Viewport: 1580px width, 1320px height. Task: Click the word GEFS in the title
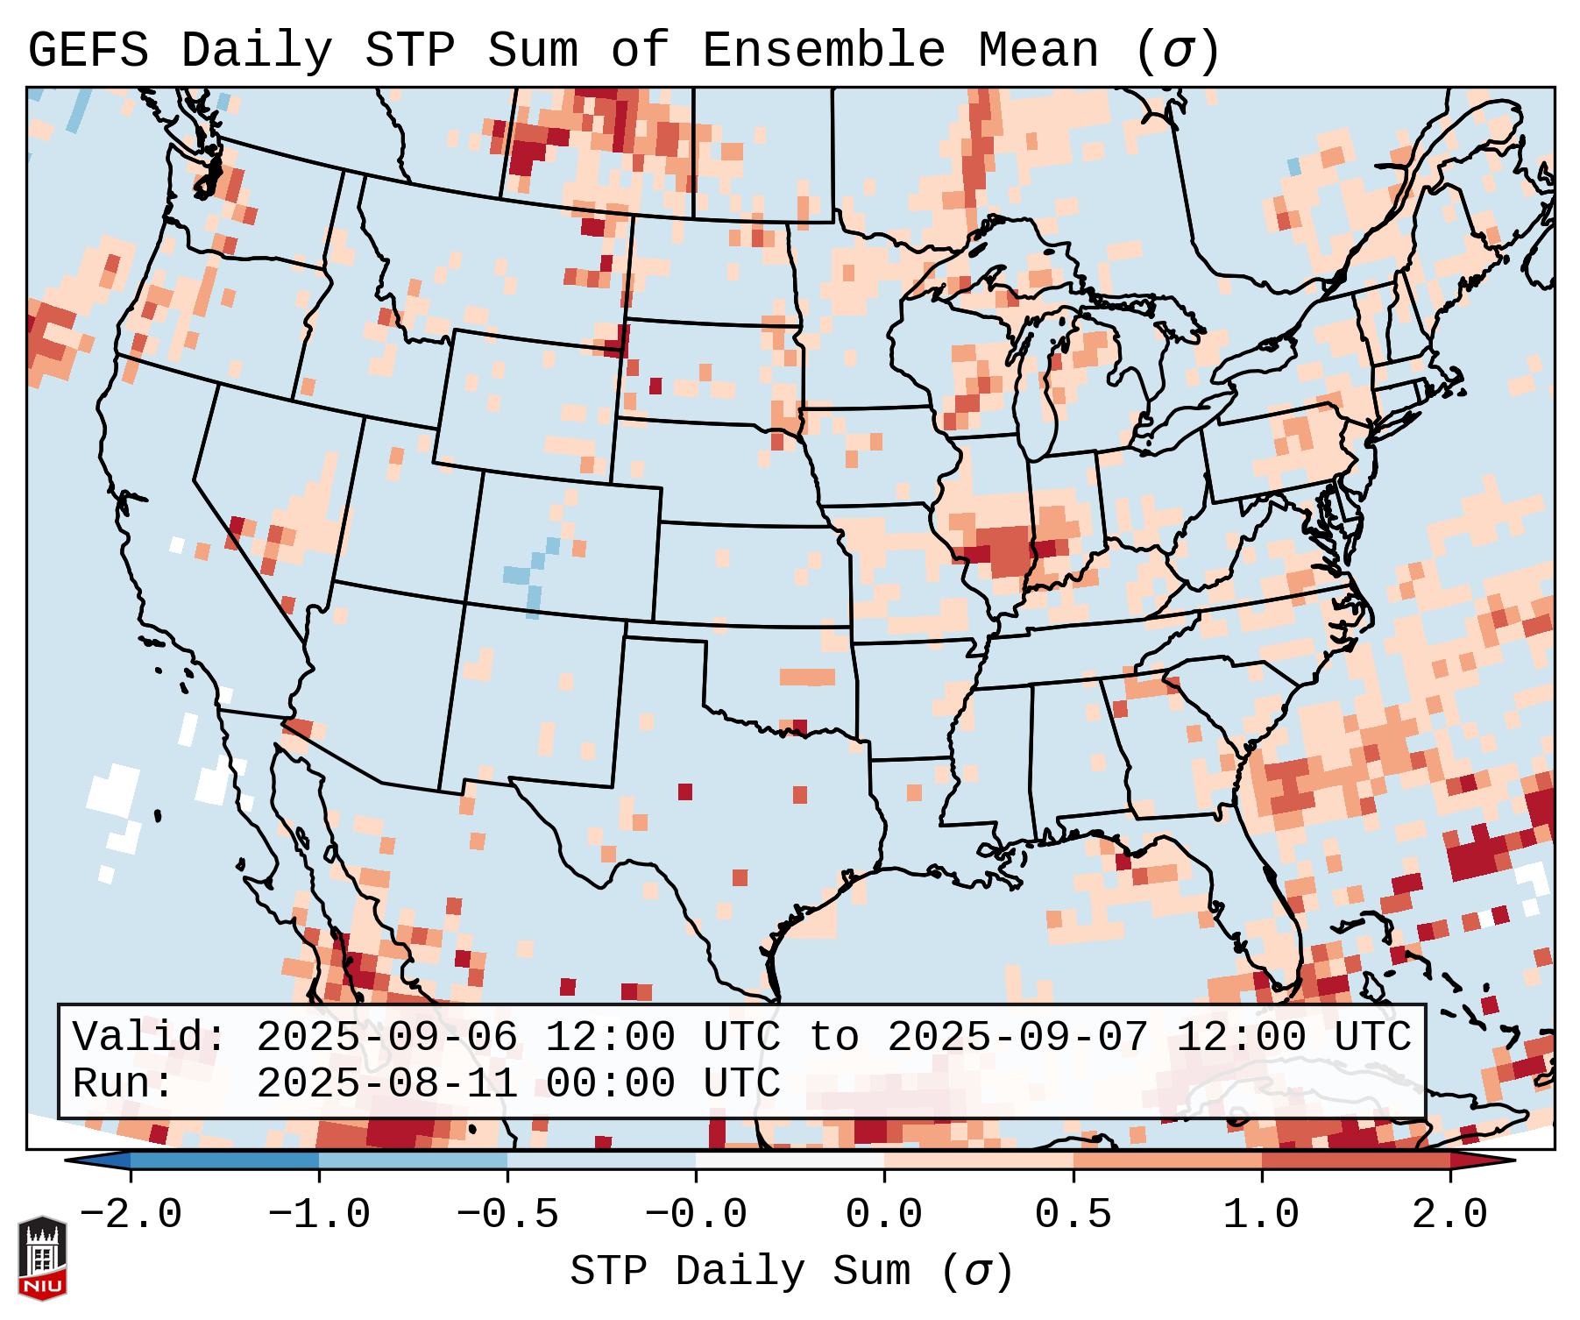88,51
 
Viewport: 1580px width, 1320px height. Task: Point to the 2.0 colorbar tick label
1449,1215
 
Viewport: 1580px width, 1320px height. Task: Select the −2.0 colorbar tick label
131,1215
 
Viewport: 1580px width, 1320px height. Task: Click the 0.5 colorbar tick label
1073,1215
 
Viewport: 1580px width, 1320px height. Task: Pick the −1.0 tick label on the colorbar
318,1215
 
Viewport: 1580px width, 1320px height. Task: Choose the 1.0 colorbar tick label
1261,1215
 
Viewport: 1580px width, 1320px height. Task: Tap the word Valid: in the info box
150,1037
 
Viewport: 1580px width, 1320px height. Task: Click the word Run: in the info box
123,1083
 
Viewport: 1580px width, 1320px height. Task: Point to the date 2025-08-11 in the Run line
386,1083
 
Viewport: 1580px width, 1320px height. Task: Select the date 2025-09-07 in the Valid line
1017,1037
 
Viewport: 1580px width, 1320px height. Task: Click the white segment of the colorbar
790,1160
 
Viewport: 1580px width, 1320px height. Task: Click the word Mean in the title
1038,51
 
